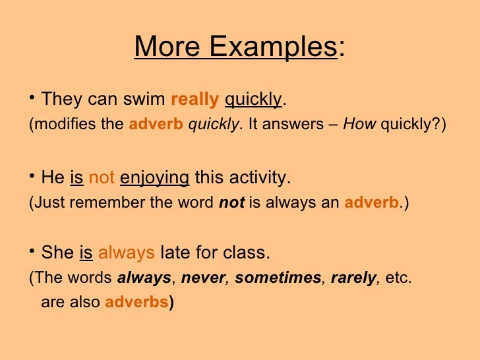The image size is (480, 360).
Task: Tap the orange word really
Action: click(195, 100)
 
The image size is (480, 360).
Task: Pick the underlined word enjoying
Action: click(154, 178)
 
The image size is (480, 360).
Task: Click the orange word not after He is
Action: click(102, 178)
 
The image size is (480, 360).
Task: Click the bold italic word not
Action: click(231, 203)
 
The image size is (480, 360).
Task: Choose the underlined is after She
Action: click(86, 253)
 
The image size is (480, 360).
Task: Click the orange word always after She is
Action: click(126, 253)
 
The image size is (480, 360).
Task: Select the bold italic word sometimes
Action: click(277, 278)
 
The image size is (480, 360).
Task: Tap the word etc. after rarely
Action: click(398, 278)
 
